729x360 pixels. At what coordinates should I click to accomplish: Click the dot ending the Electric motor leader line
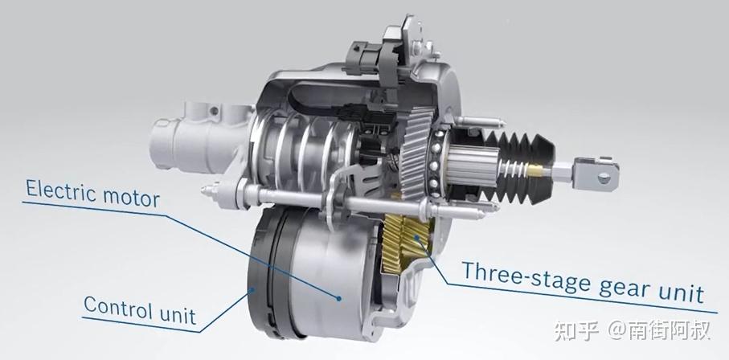coord(339,298)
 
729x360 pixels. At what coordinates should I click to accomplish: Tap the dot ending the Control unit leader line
coord(252,290)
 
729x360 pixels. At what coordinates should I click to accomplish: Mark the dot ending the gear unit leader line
coord(417,239)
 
